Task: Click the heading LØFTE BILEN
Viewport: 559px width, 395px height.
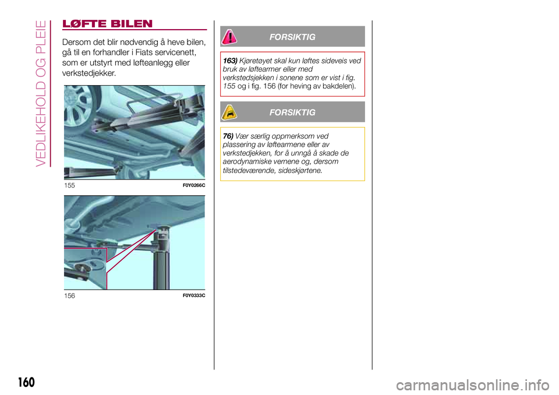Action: (107, 24)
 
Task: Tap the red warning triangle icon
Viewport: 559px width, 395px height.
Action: (229, 37)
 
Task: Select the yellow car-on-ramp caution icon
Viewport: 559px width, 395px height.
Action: (229, 112)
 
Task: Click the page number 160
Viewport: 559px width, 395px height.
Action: (26, 382)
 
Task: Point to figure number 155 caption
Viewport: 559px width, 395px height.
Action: (69, 185)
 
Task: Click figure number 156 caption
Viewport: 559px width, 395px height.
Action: (69, 295)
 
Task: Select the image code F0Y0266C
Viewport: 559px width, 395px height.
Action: (194, 185)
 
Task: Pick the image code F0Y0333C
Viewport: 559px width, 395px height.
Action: (194, 295)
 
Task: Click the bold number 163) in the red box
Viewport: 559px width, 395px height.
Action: (230, 61)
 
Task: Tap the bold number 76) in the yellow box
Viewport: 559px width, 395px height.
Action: (228, 136)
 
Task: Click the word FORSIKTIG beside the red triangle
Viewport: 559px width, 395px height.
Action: (292, 37)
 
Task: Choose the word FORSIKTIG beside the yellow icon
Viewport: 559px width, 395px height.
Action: (292, 112)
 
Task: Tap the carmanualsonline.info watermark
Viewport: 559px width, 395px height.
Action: (473, 385)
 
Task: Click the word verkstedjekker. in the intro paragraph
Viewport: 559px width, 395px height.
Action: (89, 73)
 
